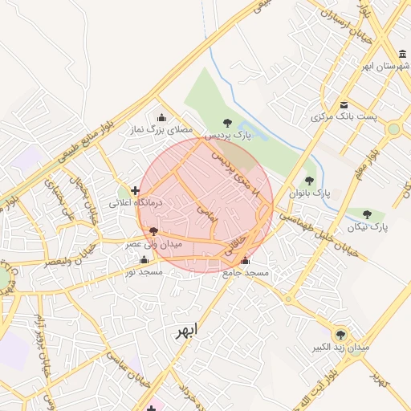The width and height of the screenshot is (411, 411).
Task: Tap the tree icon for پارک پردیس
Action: click(x=228, y=123)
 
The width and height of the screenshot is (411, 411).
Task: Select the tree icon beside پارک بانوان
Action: click(x=310, y=181)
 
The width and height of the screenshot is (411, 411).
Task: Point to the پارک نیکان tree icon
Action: click(x=368, y=214)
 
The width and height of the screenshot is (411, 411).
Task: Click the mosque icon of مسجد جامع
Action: click(x=245, y=261)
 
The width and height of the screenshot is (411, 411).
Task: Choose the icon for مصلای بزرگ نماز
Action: click(x=162, y=117)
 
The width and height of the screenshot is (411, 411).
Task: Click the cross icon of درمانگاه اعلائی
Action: click(x=135, y=191)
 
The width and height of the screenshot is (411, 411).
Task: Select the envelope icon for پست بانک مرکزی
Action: click(x=344, y=105)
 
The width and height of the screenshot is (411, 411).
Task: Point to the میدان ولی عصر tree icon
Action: click(x=154, y=231)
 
